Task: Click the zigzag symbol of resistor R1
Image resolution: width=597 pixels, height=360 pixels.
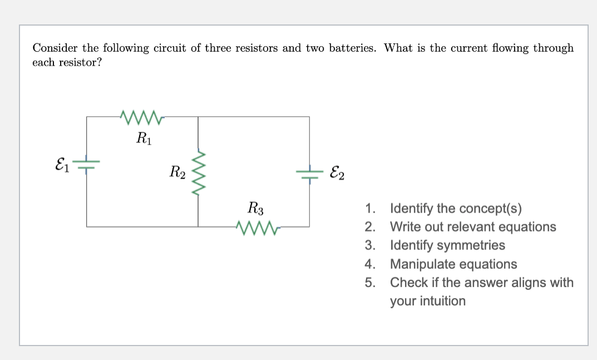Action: [143, 116]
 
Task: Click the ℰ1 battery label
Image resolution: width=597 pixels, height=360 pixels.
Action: [62, 164]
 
